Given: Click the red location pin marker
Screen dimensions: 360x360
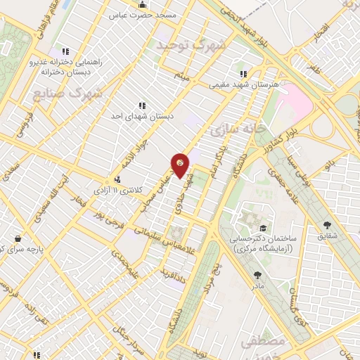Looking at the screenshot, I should click(x=181, y=165).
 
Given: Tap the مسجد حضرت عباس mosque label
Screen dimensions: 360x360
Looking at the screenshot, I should click(x=143, y=14).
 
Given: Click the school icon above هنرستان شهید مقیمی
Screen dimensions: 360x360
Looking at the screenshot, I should click(x=243, y=73).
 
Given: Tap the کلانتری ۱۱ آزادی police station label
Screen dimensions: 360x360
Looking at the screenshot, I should click(x=117, y=191).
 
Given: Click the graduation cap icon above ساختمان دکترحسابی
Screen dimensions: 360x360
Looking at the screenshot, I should click(x=263, y=229).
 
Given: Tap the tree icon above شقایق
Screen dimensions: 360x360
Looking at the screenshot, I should click(x=326, y=226).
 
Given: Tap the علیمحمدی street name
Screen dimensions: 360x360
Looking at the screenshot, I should click(x=137, y=264).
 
